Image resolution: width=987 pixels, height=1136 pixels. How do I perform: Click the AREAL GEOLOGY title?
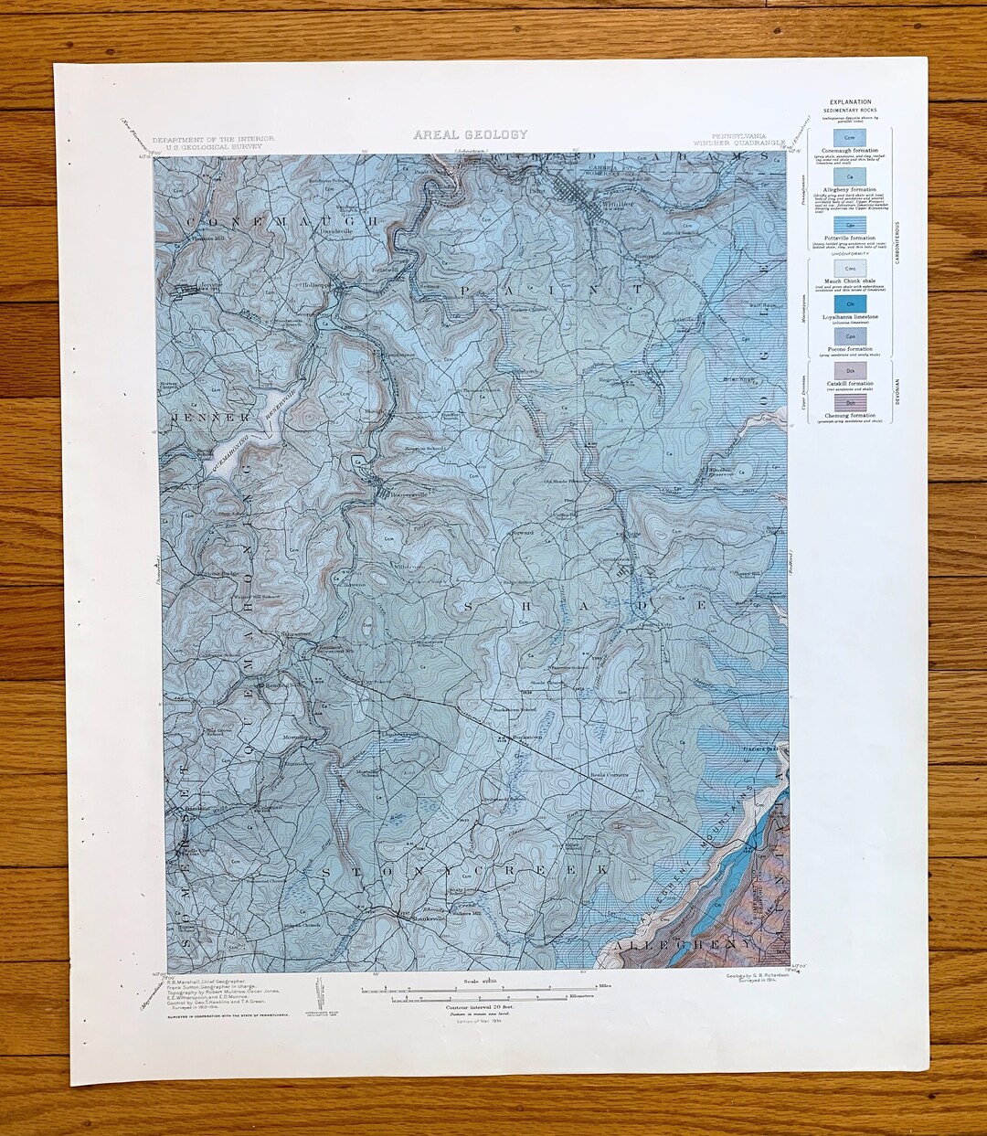[470, 134]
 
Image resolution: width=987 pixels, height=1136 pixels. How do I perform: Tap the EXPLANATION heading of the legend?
[850, 102]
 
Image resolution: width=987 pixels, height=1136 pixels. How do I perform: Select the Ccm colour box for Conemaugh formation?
[850, 135]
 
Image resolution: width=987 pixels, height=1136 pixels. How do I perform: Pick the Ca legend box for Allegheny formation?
[850, 175]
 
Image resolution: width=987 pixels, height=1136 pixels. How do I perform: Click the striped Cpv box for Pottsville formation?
[850, 223]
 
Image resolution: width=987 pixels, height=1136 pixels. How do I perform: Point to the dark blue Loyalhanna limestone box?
[850, 303]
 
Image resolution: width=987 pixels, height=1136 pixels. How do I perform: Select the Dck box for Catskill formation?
[850, 369]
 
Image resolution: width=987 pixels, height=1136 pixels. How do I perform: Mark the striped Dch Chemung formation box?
[850, 401]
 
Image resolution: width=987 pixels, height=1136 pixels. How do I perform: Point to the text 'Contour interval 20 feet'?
[470, 1007]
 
